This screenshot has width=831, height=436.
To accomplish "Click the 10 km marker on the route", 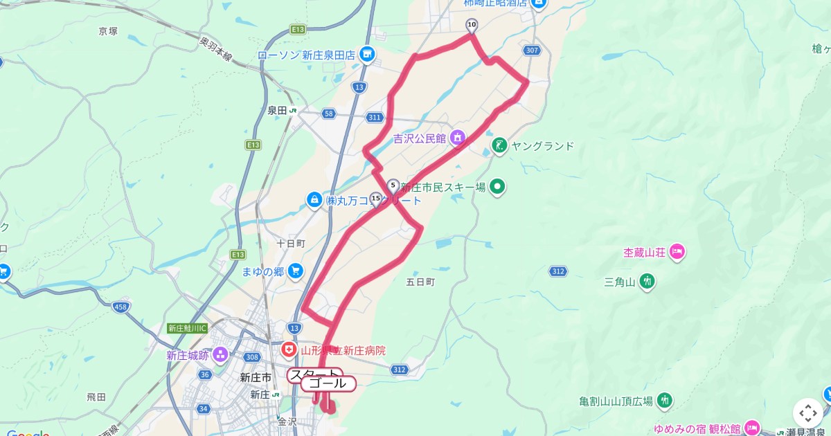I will [472, 26].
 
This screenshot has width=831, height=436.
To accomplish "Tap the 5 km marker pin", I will [393, 185].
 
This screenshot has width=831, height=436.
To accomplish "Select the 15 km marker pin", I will [376, 199].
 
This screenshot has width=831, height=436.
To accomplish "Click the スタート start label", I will [314, 374].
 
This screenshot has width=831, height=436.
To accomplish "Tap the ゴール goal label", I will [329, 383].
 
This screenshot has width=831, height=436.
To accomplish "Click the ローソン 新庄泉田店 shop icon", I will [367, 54].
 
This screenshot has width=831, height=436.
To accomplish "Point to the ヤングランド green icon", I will [499, 145].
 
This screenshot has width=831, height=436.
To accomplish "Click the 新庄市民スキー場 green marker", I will [497, 186].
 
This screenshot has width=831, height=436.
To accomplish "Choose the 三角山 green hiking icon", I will [647, 282].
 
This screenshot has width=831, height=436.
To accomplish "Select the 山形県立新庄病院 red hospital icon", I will [289, 351].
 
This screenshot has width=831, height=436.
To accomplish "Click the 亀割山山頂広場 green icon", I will [665, 401].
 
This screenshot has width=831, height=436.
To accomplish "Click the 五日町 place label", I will [420, 282].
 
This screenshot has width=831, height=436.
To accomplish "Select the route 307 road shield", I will [532, 51].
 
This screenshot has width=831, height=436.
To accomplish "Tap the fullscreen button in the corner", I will [807, 413].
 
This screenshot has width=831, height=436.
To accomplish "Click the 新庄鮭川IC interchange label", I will [187, 328].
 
